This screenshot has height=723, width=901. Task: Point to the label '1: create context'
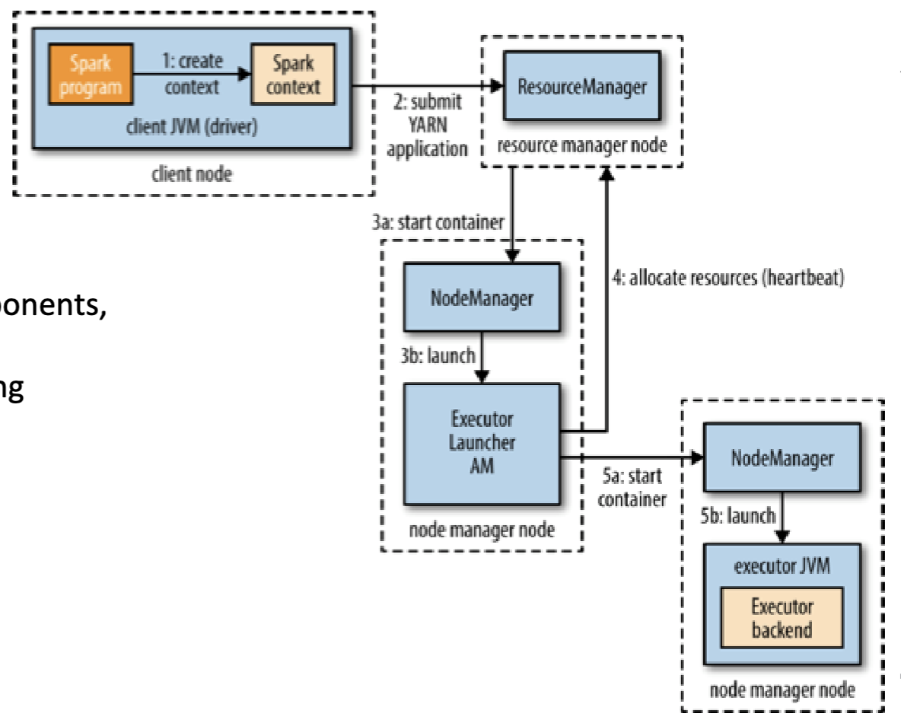(190, 75)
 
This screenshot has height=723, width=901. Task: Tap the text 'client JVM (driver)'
(191, 126)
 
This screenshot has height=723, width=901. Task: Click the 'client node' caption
(192, 174)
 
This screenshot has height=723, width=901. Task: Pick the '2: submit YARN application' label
(426, 126)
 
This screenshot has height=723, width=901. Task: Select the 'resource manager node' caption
(583, 145)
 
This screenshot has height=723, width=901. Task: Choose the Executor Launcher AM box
(481, 444)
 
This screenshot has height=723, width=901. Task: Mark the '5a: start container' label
(629, 489)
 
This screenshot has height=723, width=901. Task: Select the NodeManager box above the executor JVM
(782, 458)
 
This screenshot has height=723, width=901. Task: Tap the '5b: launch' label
(737, 516)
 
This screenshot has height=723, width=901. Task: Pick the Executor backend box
(782, 618)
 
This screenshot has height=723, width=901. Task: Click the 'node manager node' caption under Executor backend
(782, 690)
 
